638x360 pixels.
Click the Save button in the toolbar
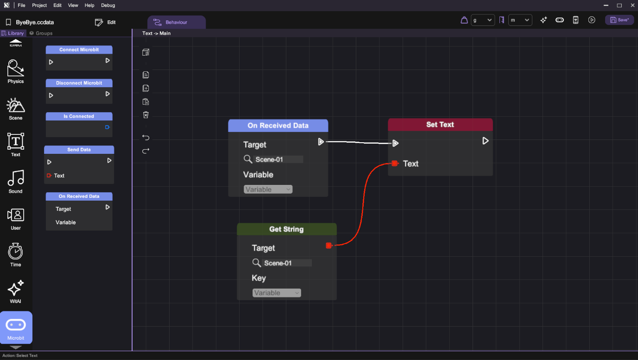click(x=619, y=20)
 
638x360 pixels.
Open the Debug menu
click(x=108, y=6)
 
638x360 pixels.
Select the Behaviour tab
click(x=177, y=22)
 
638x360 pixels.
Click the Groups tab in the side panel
click(x=41, y=33)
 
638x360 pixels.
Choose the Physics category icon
click(x=16, y=68)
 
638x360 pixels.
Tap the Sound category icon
click(x=16, y=178)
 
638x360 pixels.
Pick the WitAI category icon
click(x=16, y=288)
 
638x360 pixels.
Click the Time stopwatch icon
click(x=15, y=252)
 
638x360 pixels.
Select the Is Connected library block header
click(x=79, y=116)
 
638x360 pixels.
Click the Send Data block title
click(x=79, y=150)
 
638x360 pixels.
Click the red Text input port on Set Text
click(x=395, y=163)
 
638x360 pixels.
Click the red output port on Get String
click(x=329, y=245)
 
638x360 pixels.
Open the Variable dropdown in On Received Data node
click(x=268, y=189)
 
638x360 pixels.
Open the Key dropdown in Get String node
click(x=277, y=293)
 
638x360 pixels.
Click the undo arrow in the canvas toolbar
click(x=146, y=138)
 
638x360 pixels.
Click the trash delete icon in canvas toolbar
click(x=146, y=115)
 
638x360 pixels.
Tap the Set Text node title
click(x=440, y=125)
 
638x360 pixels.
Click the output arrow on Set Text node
click(x=486, y=141)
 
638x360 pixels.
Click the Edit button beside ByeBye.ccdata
click(x=105, y=22)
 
